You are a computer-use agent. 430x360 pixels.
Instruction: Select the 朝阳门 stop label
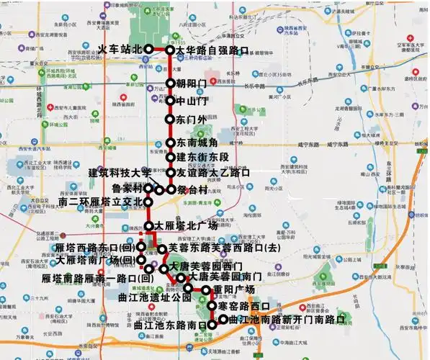tap(191, 84)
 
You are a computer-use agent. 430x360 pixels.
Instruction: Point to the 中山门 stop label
tap(192, 101)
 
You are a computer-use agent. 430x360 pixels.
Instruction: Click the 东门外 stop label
tap(192, 119)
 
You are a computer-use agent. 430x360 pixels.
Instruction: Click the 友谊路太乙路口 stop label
tap(212, 173)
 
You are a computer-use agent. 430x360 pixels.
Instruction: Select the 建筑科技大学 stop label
tap(120, 173)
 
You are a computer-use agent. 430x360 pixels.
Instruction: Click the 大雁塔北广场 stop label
tap(186, 225)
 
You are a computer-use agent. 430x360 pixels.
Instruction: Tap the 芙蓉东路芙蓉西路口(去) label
tap(223, 248)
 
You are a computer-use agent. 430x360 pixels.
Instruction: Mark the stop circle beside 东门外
tap(170, 119)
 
